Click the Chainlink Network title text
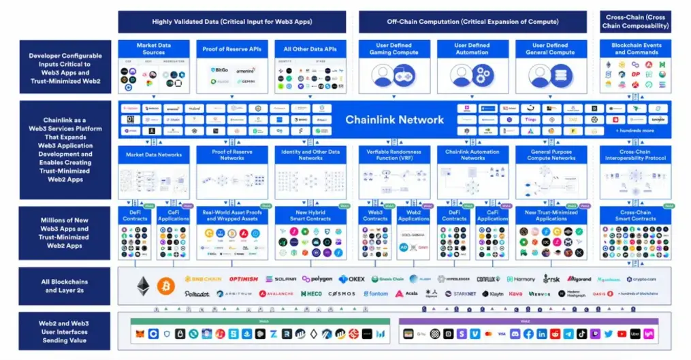[394, 120]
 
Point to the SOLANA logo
[280, 279]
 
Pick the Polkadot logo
[198, 294]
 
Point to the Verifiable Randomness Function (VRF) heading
[394, 154]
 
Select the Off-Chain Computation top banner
[472, 21]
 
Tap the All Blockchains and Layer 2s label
[65, 286]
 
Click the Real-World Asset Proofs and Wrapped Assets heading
[233, 215]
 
